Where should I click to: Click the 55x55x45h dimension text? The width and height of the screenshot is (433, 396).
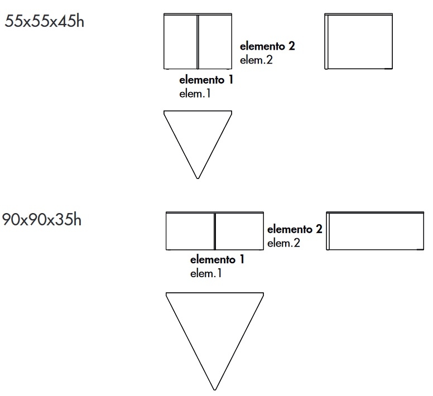(x=45, y=22)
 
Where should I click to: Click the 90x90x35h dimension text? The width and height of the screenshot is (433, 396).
(x=42, y=220)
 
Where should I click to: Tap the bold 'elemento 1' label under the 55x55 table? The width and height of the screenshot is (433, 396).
(x=206, y=80)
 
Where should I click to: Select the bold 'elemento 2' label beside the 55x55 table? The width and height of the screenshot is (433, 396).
(x=267, y=46)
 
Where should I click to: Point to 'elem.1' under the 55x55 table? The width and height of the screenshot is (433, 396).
(x=195, y=94)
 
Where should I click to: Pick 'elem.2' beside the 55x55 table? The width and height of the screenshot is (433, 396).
(x=256, y=60)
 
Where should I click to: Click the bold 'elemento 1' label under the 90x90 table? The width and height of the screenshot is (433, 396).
(x=217, y=260)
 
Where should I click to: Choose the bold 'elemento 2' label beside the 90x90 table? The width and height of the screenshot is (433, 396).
(x=295, y=229)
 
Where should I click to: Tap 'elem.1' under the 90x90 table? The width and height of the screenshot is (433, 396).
(x=206, y=273)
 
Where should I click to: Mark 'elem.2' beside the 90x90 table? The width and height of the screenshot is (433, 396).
(x=284, y=243)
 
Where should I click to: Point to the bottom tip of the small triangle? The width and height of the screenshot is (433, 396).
(x=198, y=178)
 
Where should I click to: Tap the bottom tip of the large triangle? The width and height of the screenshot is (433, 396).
(x=215, y=389)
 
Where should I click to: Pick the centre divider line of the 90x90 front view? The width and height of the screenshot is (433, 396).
(x=215, y=231)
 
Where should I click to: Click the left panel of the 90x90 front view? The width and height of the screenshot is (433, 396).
(x=190, y=231)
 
